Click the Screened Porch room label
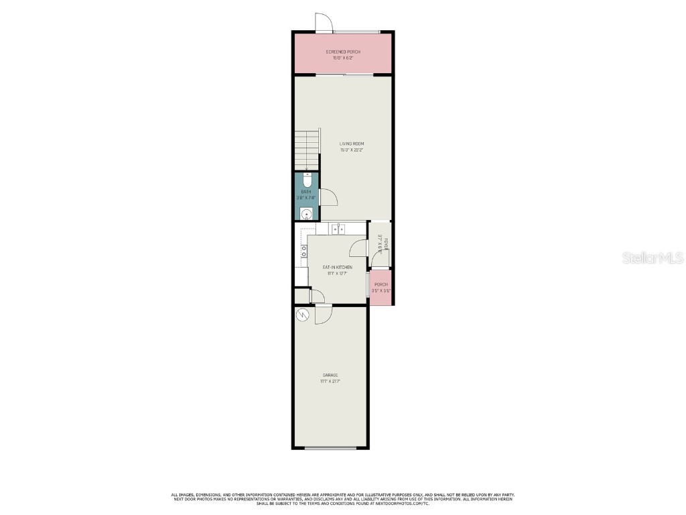click(x=343, y=52)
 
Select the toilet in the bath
click(x=307, y=180)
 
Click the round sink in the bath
click(x=306, y=215)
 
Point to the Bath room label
click(x=305, y=192)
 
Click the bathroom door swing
click(x=328, y=197)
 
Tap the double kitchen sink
click(x=338, y=229)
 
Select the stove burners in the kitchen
click(x=303, y=251)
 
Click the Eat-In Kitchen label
click(x=337, y=267)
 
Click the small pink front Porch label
click(x=381, y=284)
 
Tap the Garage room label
click(x=330, y=375)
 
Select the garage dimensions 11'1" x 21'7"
click(x=330, y=382)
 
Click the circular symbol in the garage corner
click(x=301, y=314)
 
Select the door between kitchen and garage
click(x=323, y=314)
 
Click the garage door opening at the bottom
click(x=330, y=447)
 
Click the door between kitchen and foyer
click(x=359, y=249)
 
